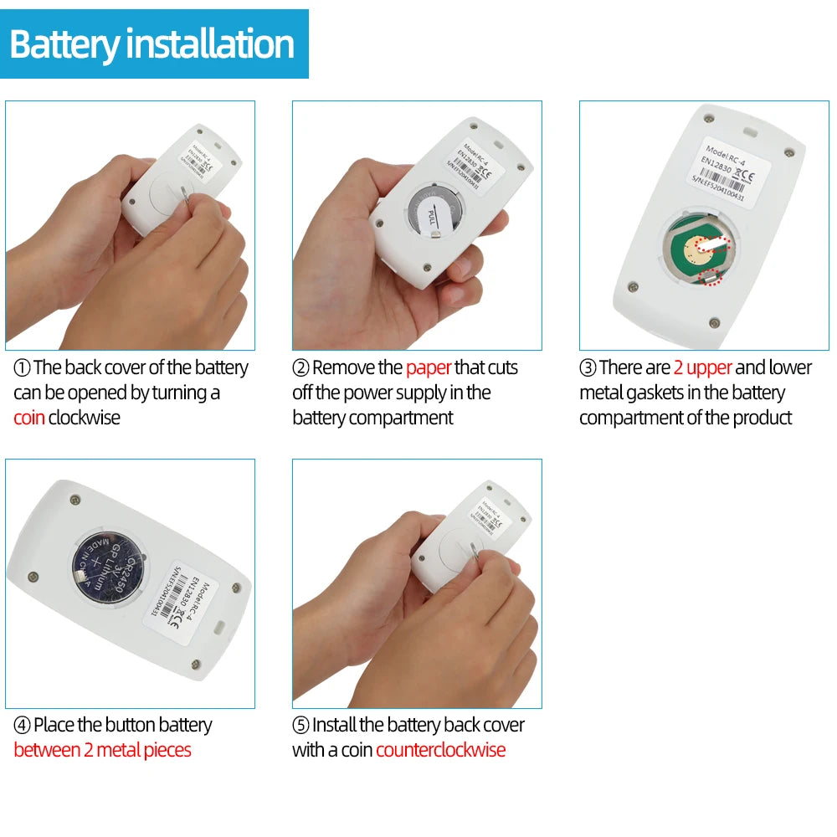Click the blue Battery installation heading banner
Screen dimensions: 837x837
pos(154,44)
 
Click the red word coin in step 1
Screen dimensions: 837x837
pos(28,418)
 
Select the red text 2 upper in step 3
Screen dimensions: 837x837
pos(702,367)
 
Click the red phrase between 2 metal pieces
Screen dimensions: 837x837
pos(102,750)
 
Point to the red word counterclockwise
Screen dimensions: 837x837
pos(440,750)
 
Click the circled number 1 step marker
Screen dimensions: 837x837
pos(22,368)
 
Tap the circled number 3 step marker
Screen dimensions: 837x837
pos(588,368)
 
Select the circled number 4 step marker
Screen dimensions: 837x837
pos(22,726)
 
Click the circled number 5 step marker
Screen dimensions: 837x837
pos(300,726)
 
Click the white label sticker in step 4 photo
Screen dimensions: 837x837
pos(189,599)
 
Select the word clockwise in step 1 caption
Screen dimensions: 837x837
pos(85,418)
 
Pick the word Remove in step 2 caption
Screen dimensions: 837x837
pos(346,367)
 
